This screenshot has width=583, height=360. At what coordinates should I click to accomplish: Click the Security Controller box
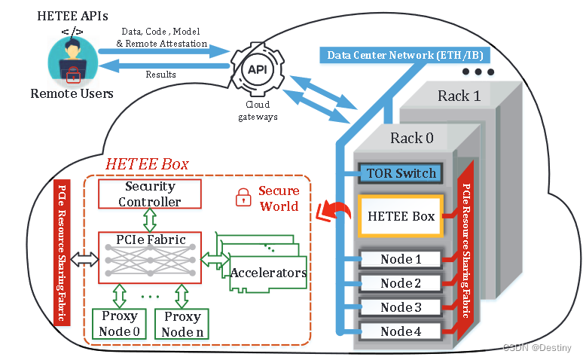point(150,194)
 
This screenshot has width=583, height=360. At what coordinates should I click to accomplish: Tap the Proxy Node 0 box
point(119,322)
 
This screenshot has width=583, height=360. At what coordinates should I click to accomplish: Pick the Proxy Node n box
point(182,322)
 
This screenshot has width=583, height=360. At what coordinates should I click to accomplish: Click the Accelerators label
point(268,273)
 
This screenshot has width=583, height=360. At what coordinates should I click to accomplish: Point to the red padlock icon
point(243,199)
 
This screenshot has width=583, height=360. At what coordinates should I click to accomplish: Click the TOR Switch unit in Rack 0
point(401,173)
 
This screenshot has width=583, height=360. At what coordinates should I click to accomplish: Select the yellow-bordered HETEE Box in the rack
point(401,216)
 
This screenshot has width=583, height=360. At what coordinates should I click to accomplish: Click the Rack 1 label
point(459,96)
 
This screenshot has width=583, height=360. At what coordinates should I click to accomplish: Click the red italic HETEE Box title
point(147,163)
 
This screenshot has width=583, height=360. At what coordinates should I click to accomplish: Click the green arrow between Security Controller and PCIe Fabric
point(150,221)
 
